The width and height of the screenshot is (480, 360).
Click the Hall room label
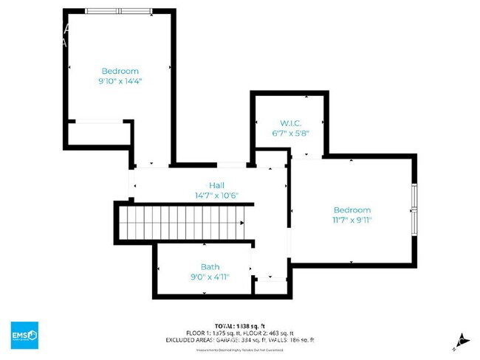coord(216,185)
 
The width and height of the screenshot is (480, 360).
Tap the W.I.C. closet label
coord(289,122)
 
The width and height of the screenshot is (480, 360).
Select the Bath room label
coord(210,267)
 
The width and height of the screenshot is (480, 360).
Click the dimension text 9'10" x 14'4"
coord(120,81)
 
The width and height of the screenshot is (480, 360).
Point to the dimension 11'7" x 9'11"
coord(352,220)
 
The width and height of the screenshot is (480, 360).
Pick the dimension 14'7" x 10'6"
coord(216,195)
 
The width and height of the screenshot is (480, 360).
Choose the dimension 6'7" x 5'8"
coord(289,134)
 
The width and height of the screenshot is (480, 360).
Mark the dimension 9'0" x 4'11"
coord(210,277)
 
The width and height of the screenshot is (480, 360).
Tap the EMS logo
coord(24,335)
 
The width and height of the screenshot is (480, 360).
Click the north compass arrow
coord(461,340)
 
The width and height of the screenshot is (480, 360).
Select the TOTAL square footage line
coord(240,325)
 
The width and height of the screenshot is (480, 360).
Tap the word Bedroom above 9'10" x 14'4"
coord(120,71)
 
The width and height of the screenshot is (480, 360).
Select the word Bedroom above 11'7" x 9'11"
coord(352,210)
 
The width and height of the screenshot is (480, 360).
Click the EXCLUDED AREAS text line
coord(240,340)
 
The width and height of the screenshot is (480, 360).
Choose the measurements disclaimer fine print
coord(240,348)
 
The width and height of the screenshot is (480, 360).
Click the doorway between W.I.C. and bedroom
coord(307,156)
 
